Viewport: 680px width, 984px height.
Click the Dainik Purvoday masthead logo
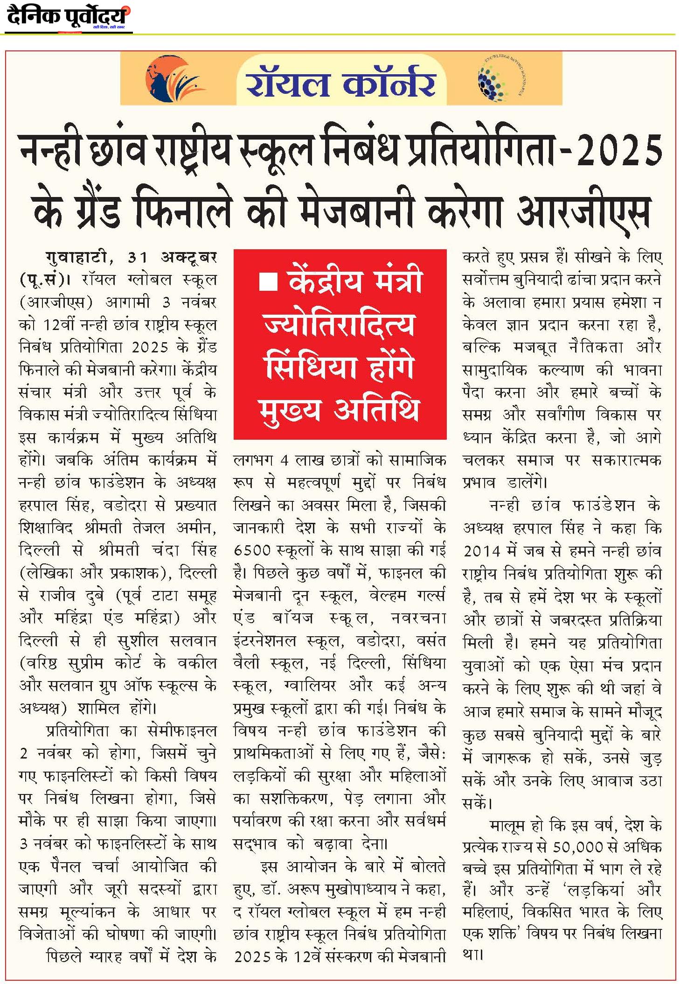(x=68, y=17)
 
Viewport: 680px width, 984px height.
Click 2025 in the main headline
(x=620, y=150)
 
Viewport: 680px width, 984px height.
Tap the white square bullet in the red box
(x=269, y=282)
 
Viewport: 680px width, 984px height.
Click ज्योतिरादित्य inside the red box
(x=339, y=324)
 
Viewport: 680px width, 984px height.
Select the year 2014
(x=482, y=551)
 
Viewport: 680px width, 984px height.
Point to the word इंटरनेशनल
(x=264, y=641)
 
